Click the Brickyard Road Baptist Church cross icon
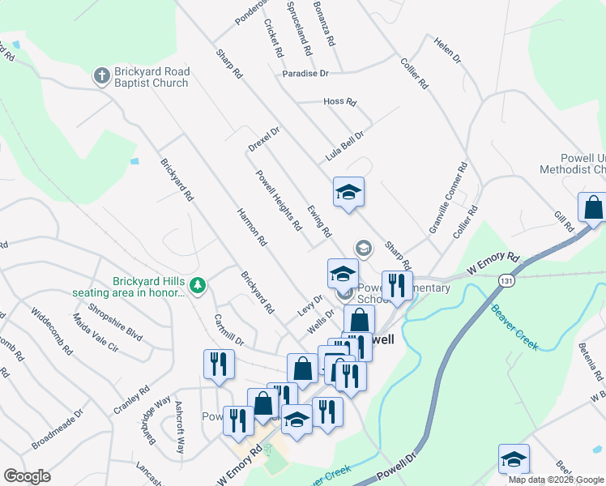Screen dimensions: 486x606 (x=101, y=77)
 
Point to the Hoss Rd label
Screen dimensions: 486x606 (x=339, y=102)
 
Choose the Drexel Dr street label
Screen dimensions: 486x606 (x=264, y=139)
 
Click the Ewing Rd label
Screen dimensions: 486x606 (x=318, y=220)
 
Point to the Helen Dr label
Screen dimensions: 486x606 (x=446, y=51)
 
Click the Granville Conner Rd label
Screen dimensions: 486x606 (x=450, y=199)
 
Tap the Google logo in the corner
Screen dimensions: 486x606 (x=27, y=476)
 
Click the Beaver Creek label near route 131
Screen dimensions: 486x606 (x=514, y=329)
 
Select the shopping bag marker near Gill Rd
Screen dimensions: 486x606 (x=592, y=207)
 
